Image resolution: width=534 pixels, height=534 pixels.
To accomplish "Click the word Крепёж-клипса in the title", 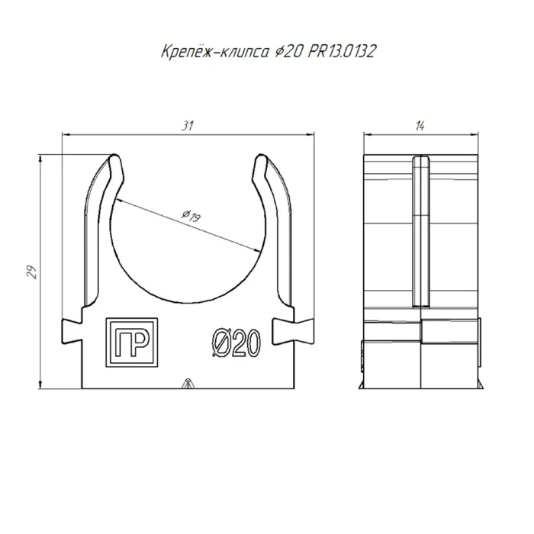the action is coord(214,52).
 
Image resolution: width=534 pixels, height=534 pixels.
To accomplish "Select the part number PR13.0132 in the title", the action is coord(342,52).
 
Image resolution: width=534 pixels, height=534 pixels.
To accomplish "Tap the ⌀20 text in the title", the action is coord(288,52).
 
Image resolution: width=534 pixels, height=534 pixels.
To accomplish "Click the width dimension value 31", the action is coord(188,126).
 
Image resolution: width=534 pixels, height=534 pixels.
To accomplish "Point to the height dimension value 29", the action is coord(32,272).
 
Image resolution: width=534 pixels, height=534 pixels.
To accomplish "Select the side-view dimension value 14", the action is coord(420,127).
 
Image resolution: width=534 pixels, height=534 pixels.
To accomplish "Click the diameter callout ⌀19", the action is coord(191,216).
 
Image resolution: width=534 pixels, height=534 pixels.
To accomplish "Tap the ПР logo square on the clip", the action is coord(132,343).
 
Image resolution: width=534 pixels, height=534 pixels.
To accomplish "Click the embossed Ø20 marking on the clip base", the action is coord(236,343).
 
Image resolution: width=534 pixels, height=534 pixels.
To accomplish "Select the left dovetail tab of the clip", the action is coord(72,331).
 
